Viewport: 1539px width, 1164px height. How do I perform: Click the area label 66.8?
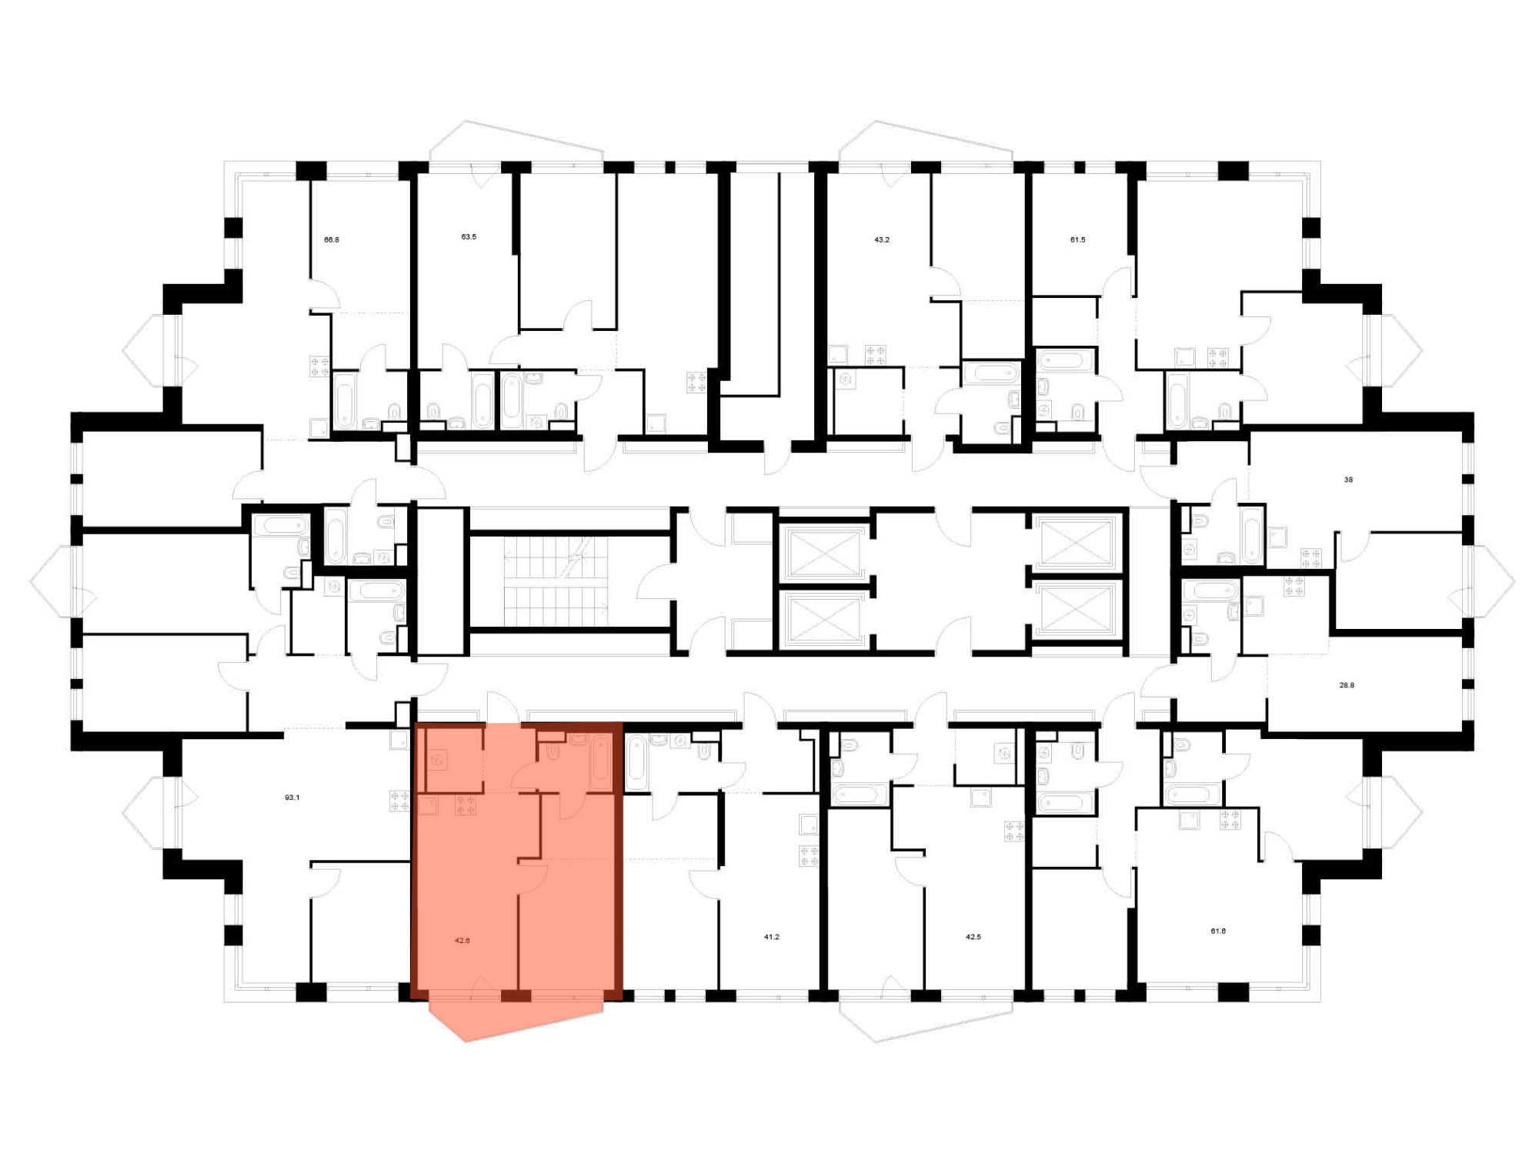tap(332, 240)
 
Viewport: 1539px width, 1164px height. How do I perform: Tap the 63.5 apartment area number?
tap(469, 237)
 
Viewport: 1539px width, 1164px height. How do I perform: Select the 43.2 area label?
tap(882, 240)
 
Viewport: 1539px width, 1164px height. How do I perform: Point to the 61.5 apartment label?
tap(1078, 240)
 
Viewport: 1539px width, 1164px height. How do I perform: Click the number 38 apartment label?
tap(1348, 480)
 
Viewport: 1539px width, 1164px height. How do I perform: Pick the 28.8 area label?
tap(1347, 685)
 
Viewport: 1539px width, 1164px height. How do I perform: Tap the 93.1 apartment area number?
tap(292, 798)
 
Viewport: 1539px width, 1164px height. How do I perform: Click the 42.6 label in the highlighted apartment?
tap(462, 941)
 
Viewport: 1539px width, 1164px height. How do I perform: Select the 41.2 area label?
tap(772, 938)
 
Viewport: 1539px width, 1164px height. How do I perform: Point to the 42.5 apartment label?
tap(973, 938)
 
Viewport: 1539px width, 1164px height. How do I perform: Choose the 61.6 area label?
tap(1218, 932)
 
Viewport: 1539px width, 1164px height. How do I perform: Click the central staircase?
tap(556, 582)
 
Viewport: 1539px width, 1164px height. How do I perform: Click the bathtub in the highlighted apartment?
tap(601, 762)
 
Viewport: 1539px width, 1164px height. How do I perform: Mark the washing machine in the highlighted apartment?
tap(437, 761)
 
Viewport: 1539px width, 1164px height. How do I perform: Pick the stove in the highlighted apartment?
tap(466, 806)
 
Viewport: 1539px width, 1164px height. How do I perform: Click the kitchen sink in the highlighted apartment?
tap(429, 806)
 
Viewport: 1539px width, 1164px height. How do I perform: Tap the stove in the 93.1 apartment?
tap(399, 801)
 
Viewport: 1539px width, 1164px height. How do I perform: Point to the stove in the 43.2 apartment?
tap(875, 356)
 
